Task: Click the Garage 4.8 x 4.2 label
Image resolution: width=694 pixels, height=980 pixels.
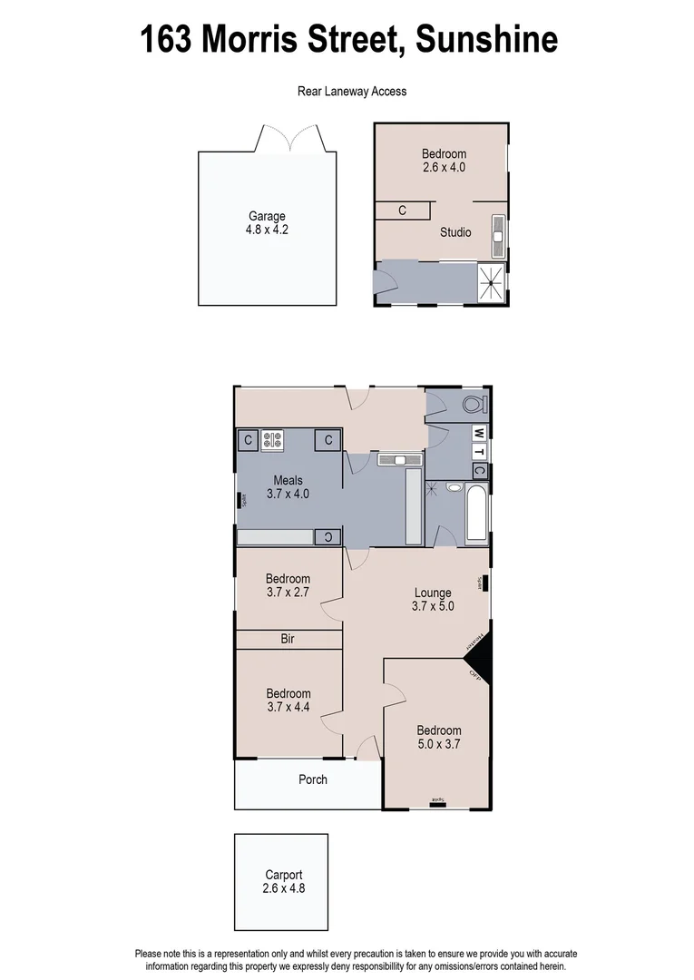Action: pyautogui.click(x=268, y=223)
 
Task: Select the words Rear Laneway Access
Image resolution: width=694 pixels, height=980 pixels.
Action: pyautogui.click(x=352, y=91)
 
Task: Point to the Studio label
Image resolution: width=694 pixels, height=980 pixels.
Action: pyautogui.click(x=455, y=232)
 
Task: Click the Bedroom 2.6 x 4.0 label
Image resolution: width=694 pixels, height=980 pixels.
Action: pyautogui.click(x=444, y=161)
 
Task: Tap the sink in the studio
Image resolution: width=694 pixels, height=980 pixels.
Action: pyautogui.click(x=497, y=232)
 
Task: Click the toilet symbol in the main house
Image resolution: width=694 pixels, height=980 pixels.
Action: pyautogui.click(x=473, y=404)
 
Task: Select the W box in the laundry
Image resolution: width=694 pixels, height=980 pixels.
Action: pyautogui.click(x=479, y=433)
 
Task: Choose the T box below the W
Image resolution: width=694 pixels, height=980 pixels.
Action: pyautogui.click(x=479, y=452)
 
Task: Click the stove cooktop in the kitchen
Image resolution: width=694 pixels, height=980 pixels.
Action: pyautogui.click(x=273, y=440)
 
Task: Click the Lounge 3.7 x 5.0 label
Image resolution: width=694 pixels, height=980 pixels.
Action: pyautogui.click(x=432, y=600)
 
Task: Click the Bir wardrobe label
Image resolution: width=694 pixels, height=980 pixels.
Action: pyautogui.click(x=288, y=640)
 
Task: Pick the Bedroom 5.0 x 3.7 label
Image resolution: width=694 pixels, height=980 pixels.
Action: pyautogui.click(x=439, y=737)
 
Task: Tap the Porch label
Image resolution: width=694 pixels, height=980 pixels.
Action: pyautogui.click(x=313, y=779)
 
